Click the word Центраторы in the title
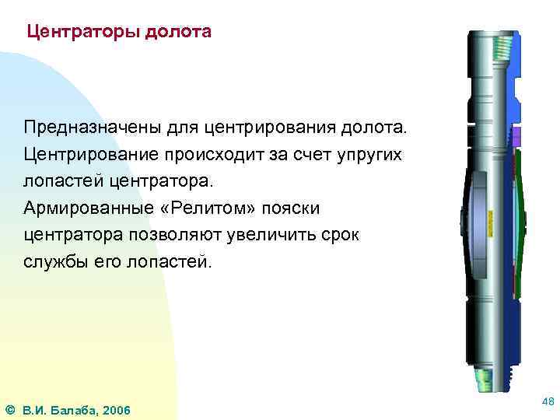(76, 33)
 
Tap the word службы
(56, 261)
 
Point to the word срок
(339, 234)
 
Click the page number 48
(547, 401)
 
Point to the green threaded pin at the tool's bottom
(483, 379)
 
